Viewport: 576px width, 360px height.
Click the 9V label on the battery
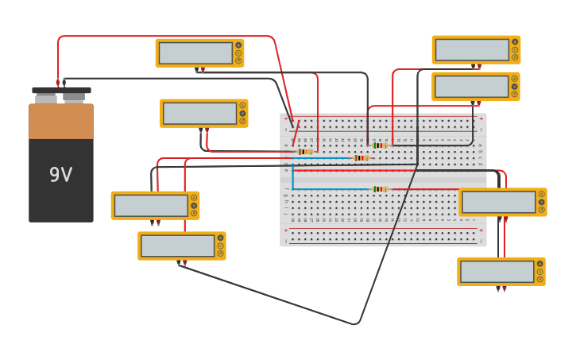click(x=60, y=175)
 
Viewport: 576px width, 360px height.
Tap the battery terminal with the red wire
click(x=58, y=82)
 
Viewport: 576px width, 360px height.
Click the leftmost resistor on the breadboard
click(x=304, y=151)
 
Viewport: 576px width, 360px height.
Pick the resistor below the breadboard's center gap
click(x=380, y=189)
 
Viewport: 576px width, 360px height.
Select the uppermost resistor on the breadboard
click(x=381, y=145)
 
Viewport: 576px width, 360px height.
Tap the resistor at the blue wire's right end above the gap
click(x=361, y=158)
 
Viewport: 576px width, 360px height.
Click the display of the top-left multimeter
click(x=195, y=53)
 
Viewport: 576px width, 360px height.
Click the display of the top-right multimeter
click(x=472, y=49)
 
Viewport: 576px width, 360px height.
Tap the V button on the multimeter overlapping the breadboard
click(x=541, y=194)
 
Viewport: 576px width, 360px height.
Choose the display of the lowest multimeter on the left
click(x=177, y=246)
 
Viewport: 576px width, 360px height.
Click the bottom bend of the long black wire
click(x=355, y=324)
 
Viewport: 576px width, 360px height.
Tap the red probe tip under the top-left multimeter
click(x=203, y=71)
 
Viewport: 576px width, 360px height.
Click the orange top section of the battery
click(x=61, y=122)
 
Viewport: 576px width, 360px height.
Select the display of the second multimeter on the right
click(x=471, y=87)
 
